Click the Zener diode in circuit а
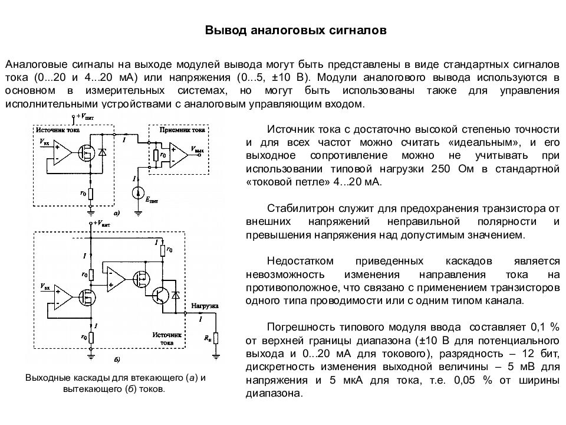(x=103, y=152)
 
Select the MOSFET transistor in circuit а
(x=86, y=153)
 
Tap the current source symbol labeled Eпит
(x=138, y=194)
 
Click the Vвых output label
(x=197, y=149)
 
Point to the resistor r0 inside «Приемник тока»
(x=156, y=155)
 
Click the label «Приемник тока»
(x=182, y=130)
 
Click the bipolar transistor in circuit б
(x=160, y=295)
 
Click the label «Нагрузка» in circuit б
(x=205, y=306)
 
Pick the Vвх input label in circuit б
(x=45, y=287)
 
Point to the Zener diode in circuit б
(x=176, y=295)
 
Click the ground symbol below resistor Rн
(x=216, y=357)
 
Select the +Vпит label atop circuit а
(x=85, y=117)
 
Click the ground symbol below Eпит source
(x=138, y=213)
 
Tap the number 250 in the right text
(x=440, y=169)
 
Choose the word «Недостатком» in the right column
(x=300, y=261)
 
